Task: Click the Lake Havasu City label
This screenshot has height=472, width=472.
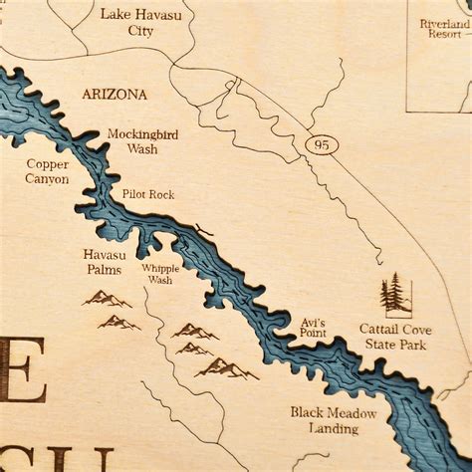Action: point(141,21)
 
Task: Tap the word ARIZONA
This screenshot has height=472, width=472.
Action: point(114,95)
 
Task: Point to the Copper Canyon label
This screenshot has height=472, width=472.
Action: point(47,171)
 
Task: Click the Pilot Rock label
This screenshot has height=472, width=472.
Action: point(148,194)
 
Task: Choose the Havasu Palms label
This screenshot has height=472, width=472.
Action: point(105,261)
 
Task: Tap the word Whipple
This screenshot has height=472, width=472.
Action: point(159,269)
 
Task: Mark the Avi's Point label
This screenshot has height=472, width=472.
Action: point(313,330)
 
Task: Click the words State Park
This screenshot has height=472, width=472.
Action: point(392,345)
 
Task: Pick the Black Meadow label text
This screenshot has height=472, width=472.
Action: point(333,412)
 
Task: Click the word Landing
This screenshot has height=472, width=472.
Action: point(333,428)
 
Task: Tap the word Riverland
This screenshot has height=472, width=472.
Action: point(443,22)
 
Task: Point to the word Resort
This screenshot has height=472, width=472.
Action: point(443,33)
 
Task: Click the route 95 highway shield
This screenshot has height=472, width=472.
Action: point(321,145)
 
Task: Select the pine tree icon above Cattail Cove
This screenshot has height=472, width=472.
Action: point(395,295)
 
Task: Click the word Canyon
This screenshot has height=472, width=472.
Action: point(47,179)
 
